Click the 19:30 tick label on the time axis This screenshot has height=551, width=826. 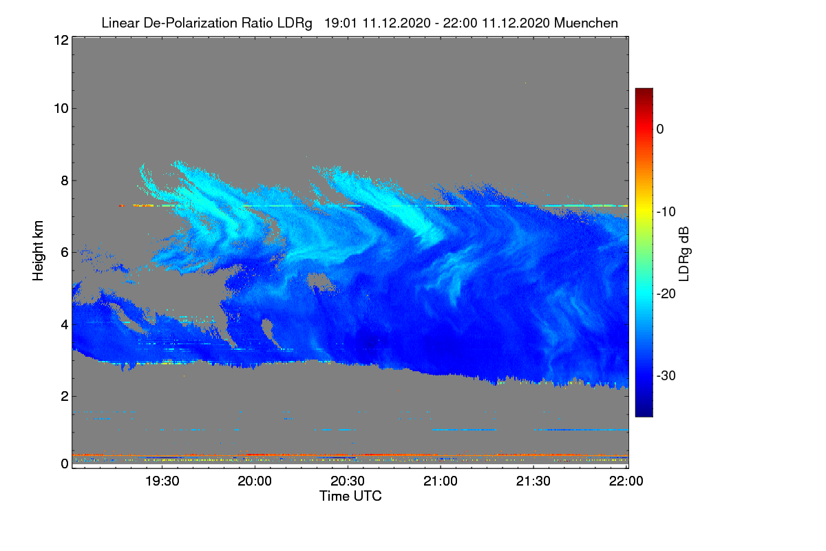(162, 481)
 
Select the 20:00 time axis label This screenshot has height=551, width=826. (255, 481)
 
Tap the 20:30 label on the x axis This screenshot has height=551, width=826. (348, 481)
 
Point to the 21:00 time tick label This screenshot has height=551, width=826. (441, 481)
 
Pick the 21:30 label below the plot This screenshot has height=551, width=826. (533, 481)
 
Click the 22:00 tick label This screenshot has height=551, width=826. (626, 481)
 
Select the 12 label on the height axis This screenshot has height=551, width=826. (61, 40)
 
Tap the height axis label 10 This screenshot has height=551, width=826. (61, 109)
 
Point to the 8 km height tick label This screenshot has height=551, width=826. (65, 181)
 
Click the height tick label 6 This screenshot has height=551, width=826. (65, 253)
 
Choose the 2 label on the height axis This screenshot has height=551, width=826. (65, 396)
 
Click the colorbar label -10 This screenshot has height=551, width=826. (666, 212)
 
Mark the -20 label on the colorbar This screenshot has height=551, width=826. (666, 294)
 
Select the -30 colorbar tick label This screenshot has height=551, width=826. (666, 375)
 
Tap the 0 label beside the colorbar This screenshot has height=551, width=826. (660, 129)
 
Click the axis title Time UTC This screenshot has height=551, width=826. (350, 497)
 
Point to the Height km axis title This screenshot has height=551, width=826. (38, 251)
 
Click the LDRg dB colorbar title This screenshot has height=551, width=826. (684, 254)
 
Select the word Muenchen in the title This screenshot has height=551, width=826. (586, 23)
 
